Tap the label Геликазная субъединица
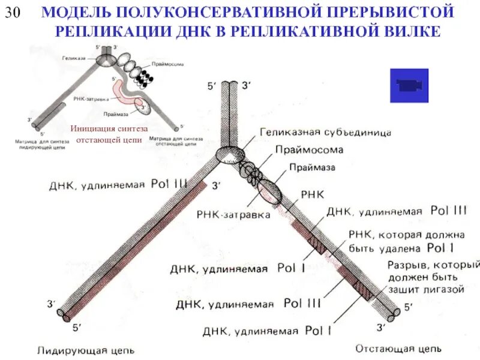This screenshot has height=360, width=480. pyautogui.click(x=326, y=131)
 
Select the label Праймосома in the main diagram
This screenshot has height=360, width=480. pyautogui.click(x=309, y=150)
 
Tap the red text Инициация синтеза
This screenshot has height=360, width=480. pyautogui.click(x=109, y=128)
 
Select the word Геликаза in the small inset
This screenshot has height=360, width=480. pyautogui.click(x=75, y=58)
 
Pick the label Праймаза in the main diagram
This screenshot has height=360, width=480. pyautogui.click(x=312, y=167)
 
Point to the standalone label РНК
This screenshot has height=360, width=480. pyautogui.click(x=311, y=195)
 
